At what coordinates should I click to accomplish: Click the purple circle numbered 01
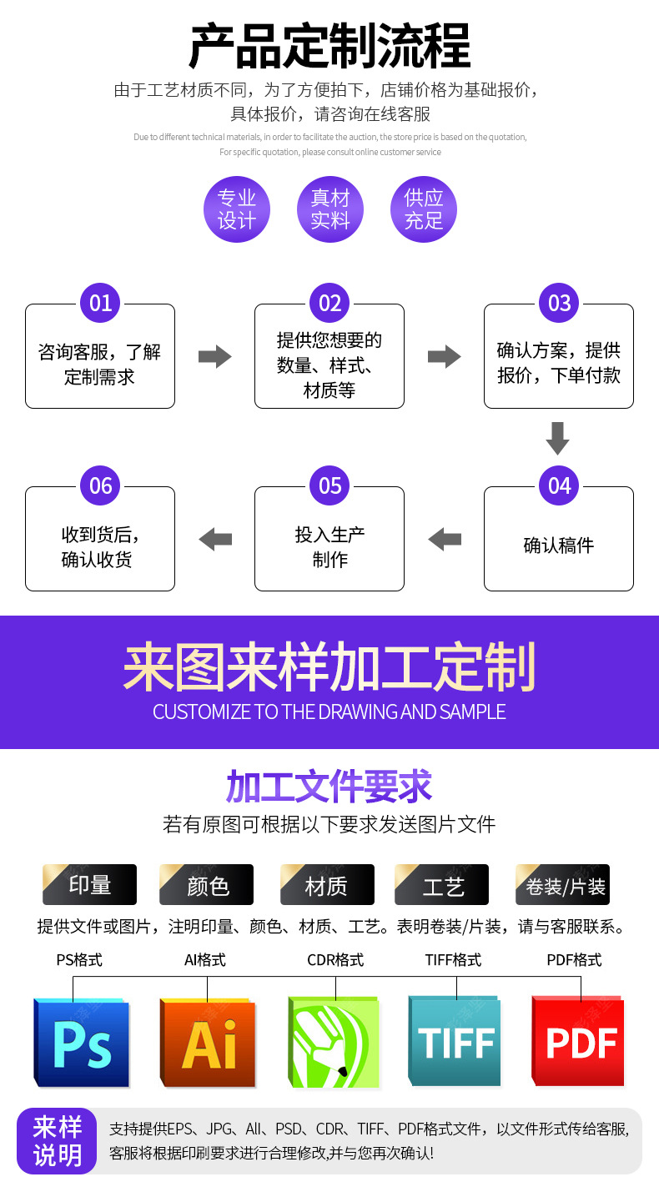click(100, 303)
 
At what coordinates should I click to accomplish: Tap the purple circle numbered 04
click(559, 485)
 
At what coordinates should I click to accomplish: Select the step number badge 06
click(100, 485)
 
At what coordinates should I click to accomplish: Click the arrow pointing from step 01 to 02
click(214, 356)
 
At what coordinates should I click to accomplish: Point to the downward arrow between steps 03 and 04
click(557, 439)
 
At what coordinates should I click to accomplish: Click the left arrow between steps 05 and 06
click(215, 539)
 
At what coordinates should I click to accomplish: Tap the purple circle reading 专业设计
click(237, 209)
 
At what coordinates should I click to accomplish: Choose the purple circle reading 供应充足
click(424, 209)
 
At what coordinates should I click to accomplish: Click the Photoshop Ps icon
click(82, 1043)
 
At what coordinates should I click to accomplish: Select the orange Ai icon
click(209, 1043)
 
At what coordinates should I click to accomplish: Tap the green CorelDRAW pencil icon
click(334, 1042)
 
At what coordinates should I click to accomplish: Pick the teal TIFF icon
click(455, 1041)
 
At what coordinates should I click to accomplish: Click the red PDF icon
click(579, 1041)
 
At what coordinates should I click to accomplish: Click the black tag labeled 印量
click(89, 884)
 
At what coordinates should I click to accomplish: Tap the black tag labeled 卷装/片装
click(562, 884)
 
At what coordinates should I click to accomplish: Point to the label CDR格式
click(335, 960)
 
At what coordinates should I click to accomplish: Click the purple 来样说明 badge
click(57, 1141)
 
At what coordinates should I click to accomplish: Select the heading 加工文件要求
click(329, 786)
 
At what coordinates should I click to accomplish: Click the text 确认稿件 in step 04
click(559, 546)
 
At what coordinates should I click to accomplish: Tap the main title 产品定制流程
click(329, 46)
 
